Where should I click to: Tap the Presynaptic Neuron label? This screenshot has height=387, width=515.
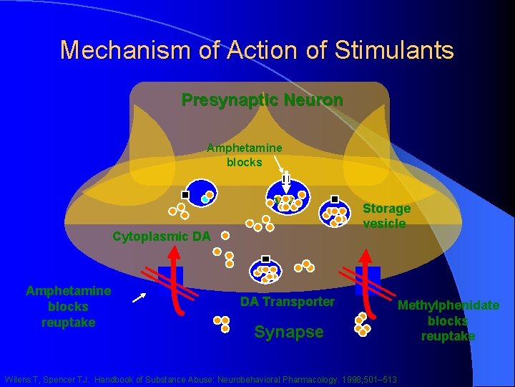262,100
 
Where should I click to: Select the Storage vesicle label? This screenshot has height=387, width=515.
386,216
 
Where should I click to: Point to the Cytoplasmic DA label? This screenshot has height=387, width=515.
162,236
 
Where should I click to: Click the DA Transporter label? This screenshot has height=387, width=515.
287,302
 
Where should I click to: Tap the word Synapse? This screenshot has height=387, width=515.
289,332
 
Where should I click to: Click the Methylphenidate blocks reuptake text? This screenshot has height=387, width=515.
448,320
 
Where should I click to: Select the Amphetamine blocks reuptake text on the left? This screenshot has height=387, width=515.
68,306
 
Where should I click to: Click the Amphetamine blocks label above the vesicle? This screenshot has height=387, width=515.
244,155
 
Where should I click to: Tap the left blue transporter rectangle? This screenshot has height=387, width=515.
172,275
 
